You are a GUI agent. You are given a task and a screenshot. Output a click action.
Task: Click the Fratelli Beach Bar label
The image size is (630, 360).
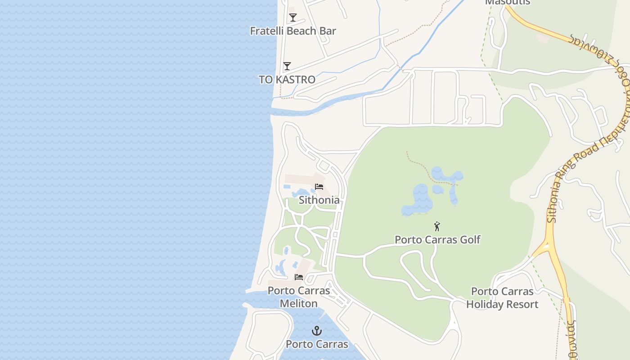click(293, 31)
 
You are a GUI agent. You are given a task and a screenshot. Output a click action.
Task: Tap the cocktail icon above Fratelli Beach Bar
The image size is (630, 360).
click(293, 18)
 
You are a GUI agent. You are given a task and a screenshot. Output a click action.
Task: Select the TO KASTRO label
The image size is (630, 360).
click(287, 80)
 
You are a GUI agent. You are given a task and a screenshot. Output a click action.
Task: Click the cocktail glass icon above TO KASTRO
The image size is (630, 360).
click(287, 66)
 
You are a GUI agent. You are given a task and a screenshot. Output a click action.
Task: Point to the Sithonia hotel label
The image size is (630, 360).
click(319, 200)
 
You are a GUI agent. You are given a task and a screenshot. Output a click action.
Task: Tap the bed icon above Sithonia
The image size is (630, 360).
click(319, 187)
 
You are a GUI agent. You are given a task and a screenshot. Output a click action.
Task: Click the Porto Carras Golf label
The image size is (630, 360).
click(437, 239)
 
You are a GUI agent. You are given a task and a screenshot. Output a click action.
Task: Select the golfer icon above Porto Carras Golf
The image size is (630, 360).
click(436, 226)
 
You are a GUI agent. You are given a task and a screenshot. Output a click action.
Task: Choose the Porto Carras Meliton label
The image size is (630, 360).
click(299, 297)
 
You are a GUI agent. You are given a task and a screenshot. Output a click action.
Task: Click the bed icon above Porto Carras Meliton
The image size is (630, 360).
click(299, 277)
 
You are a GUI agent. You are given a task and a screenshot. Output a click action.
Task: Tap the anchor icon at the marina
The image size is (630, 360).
click(317, 331)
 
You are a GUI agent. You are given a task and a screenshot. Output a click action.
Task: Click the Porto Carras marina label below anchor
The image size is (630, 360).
click(317, 344)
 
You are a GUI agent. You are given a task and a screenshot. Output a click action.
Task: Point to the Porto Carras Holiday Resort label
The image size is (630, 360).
click(502, 298)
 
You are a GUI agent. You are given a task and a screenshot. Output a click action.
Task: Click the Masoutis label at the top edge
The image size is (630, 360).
click(508, 2)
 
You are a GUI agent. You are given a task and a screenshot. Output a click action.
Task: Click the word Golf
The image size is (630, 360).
click(468, 239)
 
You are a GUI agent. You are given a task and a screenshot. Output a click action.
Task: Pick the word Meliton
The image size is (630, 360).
click(299, 304)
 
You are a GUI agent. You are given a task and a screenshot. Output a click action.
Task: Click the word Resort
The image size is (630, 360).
click(521, 305)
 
